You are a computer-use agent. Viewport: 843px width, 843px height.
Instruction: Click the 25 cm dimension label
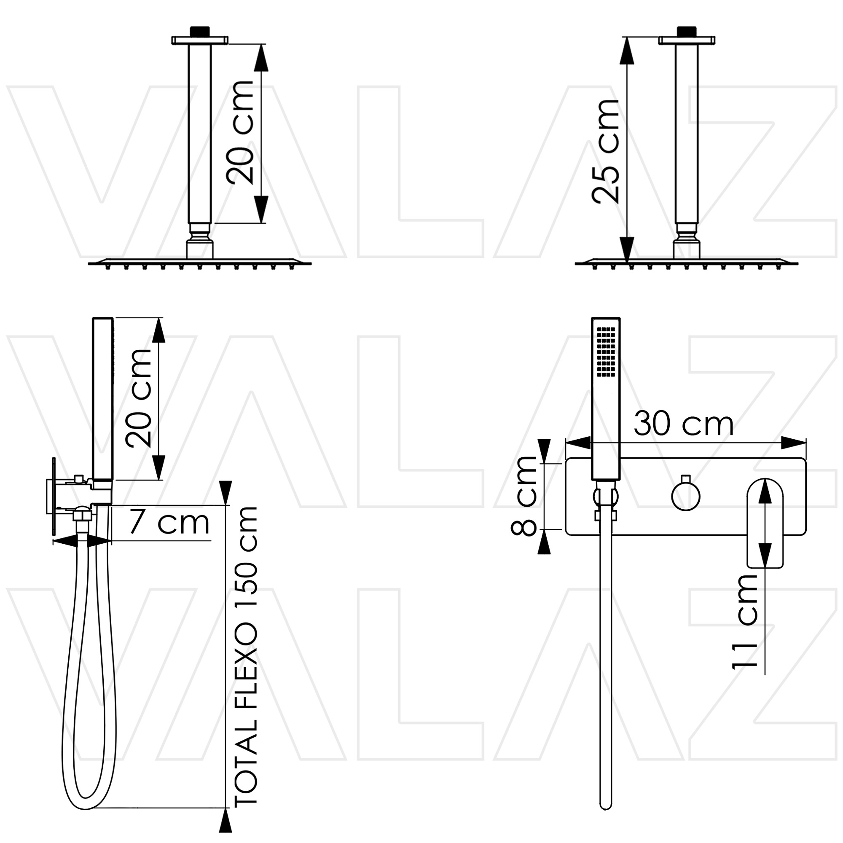pos(606,151)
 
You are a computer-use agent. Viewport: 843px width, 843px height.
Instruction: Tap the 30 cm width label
pos(683,424)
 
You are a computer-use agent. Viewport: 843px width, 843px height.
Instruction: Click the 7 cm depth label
pos(169,523)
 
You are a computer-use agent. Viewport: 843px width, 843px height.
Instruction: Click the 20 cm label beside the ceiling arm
pos(239,132)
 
